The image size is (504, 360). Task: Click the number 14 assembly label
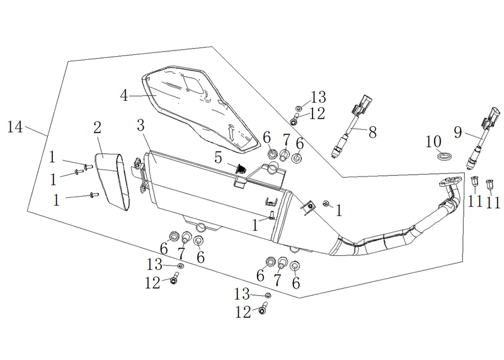coord(15,127)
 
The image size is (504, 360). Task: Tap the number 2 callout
coord(98,128)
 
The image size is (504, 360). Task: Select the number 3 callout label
coord(140,125)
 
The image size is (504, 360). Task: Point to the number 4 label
coord(124,96)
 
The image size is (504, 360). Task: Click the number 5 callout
coord(218,158)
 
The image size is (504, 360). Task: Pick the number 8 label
coord(372,132)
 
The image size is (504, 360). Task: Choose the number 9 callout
coord(458,132)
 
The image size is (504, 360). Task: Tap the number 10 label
coord(433,142)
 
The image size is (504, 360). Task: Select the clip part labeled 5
coord(241,168)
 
